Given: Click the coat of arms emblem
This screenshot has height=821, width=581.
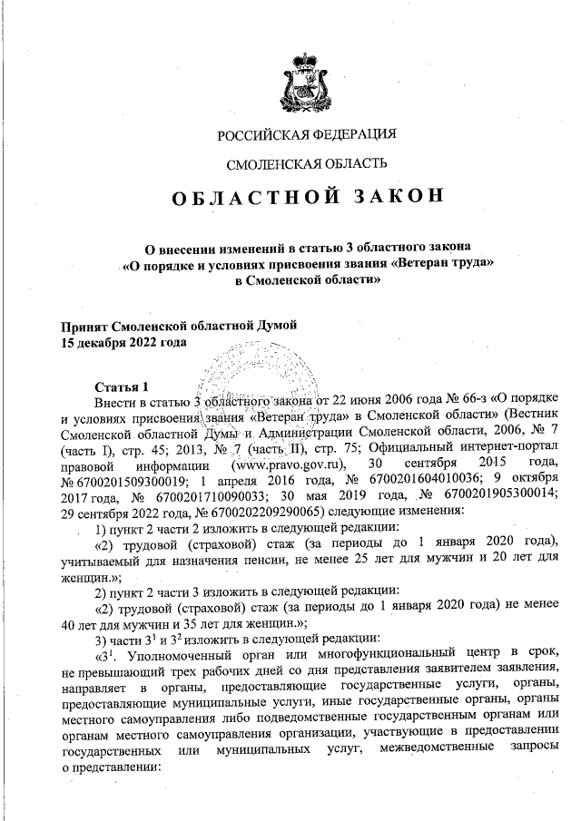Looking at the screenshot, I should pyautogui.click(x=307, y=81).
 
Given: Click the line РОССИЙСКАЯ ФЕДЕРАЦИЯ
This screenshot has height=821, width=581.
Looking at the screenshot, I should pyautogui.click(x=307, y=135).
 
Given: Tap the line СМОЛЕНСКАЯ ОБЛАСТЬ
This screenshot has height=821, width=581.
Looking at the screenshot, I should pyautogui.click(x=307, y=163).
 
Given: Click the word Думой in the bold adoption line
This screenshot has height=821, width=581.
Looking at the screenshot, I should pyautogui.click(x=272, y=327).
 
